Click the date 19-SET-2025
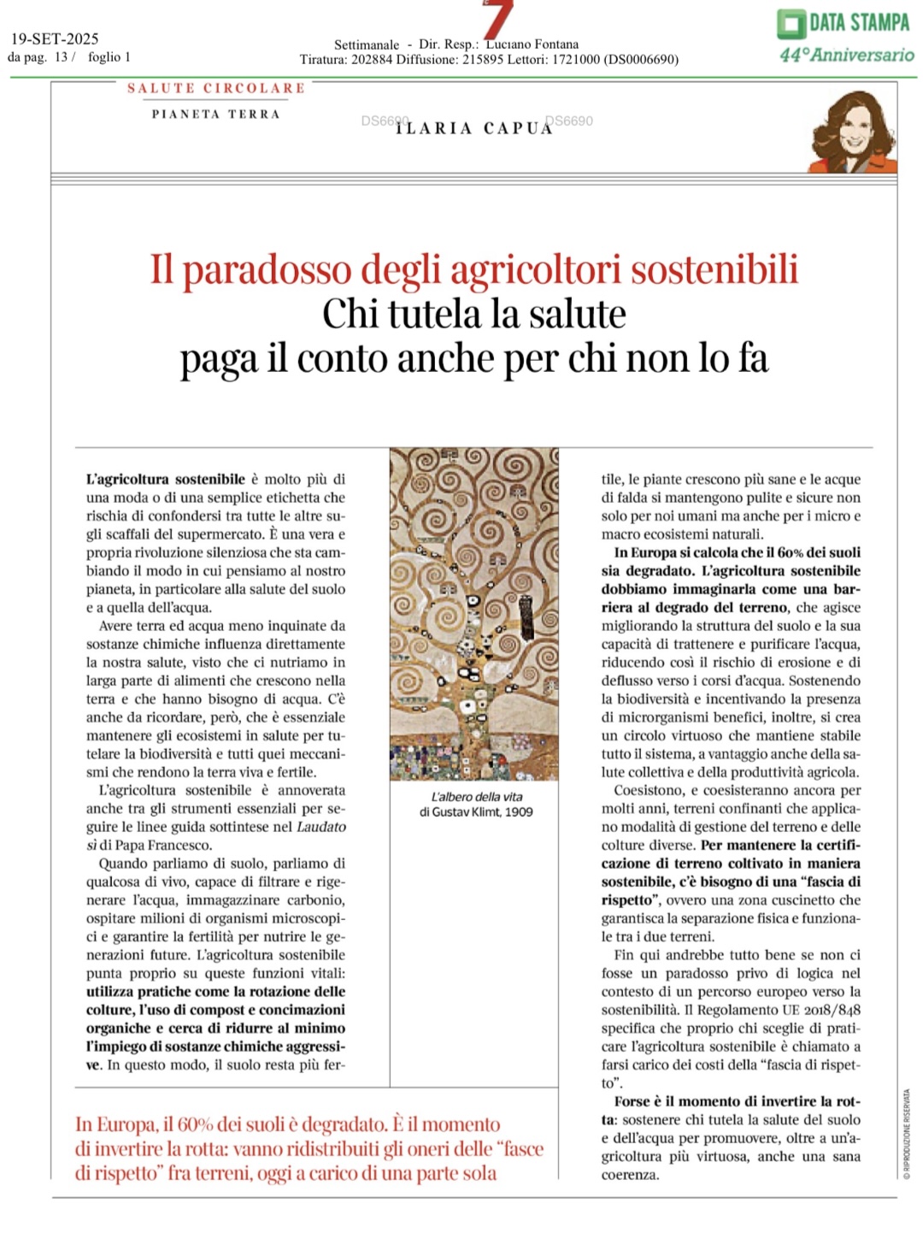tap(55, 38)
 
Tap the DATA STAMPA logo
tap(844, 23)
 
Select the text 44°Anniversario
tap(846, 55)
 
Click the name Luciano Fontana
tap(532, 44)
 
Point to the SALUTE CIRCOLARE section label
tap(216, 88)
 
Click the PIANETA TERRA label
tap(216, 114)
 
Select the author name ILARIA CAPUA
tap(474, 128)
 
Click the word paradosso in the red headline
tap(267, 269)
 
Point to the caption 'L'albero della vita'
tap(476, 797)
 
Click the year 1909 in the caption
tap(519, 811)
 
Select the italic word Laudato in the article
tap(321, 827)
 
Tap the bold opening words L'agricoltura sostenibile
tap(166, 480)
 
